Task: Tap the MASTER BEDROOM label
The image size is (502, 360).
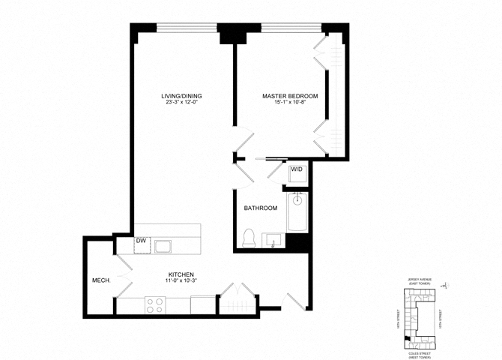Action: coord(290,96)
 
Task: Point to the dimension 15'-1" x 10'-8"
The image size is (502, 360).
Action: coord(290,103)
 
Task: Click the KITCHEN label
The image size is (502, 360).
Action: coord(181,274)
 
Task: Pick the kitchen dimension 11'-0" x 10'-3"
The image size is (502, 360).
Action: coord(181,282)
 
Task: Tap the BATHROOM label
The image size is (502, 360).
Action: coord(261,208)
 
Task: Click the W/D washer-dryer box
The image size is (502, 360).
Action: coord(297,170)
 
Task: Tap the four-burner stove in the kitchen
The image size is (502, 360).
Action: coord(154,305)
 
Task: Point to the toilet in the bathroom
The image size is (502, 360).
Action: coord(250,238)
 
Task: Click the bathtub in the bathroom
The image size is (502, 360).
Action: coord(297,212)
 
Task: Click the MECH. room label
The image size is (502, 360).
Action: coord(100,281)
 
